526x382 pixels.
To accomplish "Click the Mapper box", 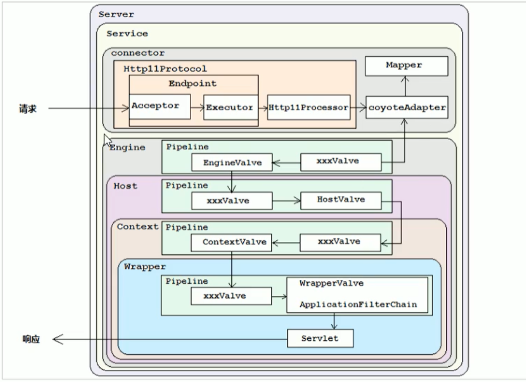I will (x=406, y=66).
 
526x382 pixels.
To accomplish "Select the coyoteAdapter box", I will (x=406, y=108).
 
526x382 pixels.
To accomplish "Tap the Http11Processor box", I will (x=308, y=108).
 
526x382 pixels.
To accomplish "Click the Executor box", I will (x=229, y=108).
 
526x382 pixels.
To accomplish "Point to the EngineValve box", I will (x=232, y=163).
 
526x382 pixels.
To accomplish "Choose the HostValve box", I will (x=341, y=200).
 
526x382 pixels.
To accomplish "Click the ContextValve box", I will (x=231, y=242).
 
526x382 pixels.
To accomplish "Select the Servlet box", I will (x=320, y=338).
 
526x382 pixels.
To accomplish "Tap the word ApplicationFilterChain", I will (x=358, y=305).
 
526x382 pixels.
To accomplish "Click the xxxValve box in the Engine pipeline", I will (x=341, y=162).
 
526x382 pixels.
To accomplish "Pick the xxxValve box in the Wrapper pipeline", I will (x=231, y=296).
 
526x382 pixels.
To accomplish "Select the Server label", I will (x=116, y=14).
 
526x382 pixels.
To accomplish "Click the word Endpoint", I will (x=192, y=84).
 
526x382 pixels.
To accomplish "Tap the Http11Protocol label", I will (x=158, y=68).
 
